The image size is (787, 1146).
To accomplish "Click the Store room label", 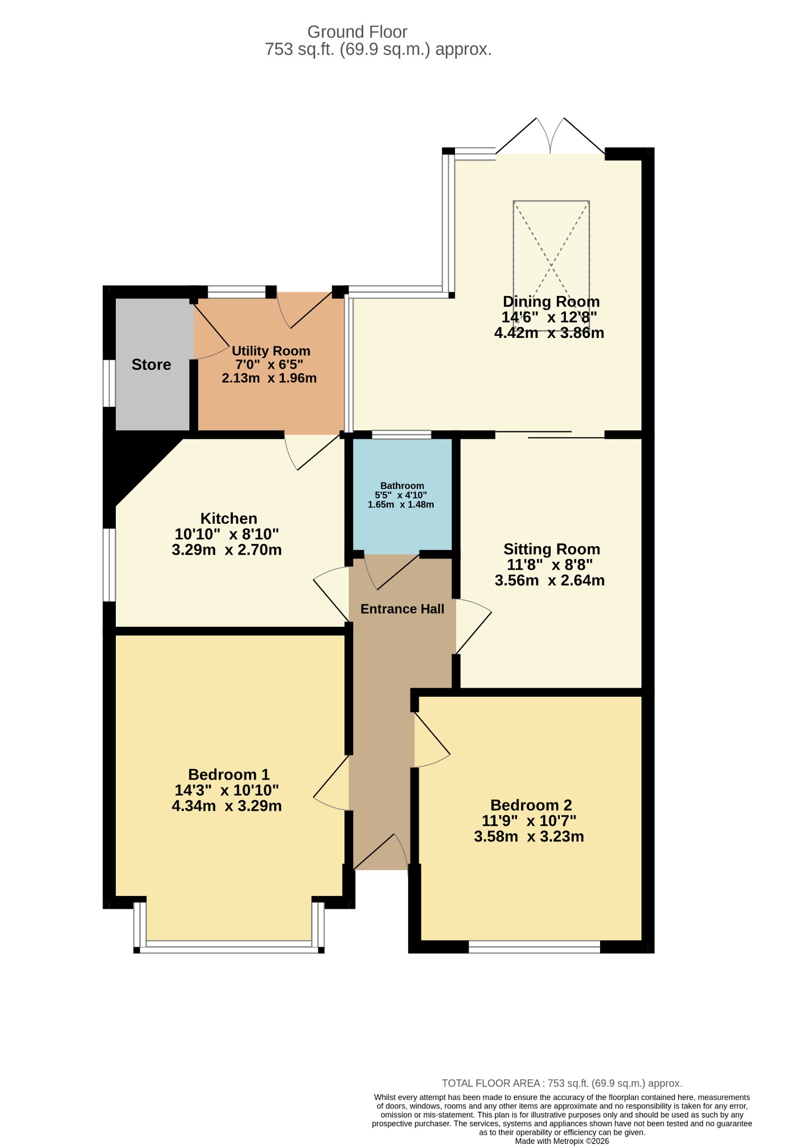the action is pos(151,365).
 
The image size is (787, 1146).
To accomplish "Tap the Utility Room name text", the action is pos(271,351).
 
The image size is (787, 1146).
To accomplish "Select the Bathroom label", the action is pos(402,486).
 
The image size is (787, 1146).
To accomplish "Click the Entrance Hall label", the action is pos(402,609).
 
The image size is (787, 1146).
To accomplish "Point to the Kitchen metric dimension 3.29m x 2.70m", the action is pos(227,549).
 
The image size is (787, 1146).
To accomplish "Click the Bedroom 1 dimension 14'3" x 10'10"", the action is pos(227,790).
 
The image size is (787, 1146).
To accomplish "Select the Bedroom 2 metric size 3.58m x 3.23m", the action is pos(529,837).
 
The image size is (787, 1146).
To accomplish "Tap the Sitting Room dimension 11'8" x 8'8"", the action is pos(548,565).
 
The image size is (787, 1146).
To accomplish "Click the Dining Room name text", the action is pos(551,302).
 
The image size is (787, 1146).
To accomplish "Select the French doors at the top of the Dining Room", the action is pos(550,135).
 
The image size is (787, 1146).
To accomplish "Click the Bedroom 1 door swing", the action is pos(331,783).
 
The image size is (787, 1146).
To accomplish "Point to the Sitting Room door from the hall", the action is pos(474,627).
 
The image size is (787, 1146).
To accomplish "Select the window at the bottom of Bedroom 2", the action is pos(534,947).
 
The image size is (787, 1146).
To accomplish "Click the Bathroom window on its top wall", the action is pos(401,435).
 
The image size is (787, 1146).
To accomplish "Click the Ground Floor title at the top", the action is pos(357,32).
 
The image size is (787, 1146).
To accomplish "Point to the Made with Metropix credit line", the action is pos(562,1141).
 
